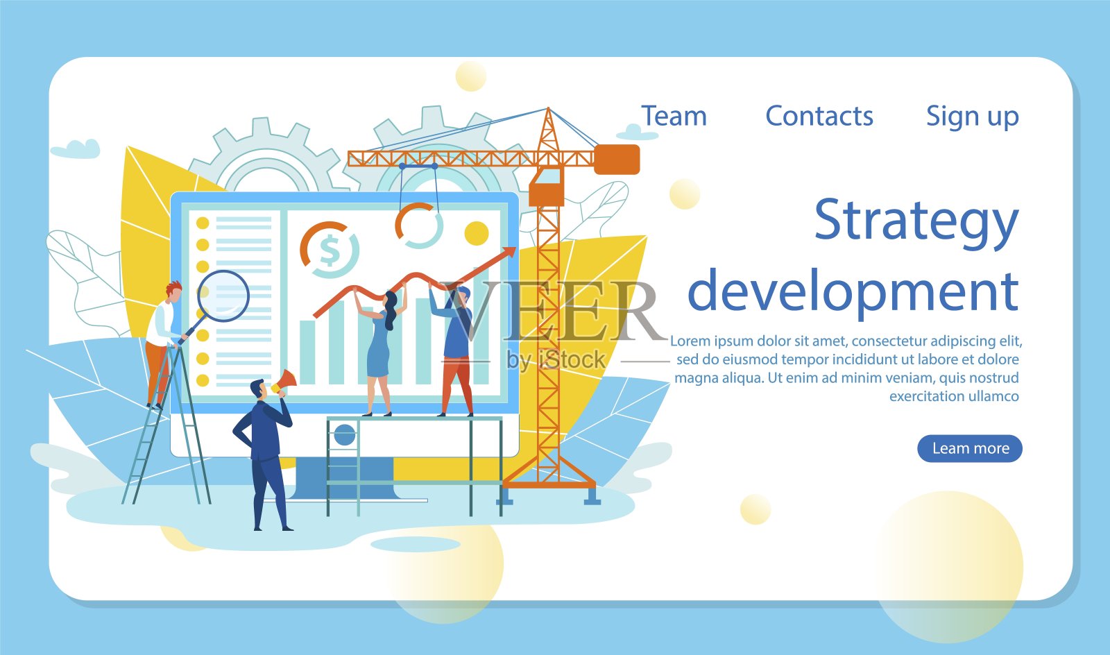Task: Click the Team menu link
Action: pyautogui.click(x=674, y=117)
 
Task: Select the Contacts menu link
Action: pyautogui.click(x=819, y=117)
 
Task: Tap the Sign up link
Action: pyautogui.click(x=972, y=118)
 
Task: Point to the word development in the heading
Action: pyautogui.click(x=853, y=292)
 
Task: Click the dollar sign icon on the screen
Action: pyautogui.click(x=330, y=250)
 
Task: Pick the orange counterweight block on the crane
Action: pyautogui.click(x=617, y=160)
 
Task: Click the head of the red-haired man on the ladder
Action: pyautogui.click(x=173, y=292)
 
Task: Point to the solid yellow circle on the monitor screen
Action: pyautogui.click(x=476, y=233)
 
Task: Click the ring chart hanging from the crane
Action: pyautogui.click(x=419, y=226)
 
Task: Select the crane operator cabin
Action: pyautogui.click(x=547, y=187)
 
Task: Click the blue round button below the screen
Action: pyautogui.click(x=345, y=436)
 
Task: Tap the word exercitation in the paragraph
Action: pyautogui.click(x=923, y=396)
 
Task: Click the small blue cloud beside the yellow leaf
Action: pyautogui.click(x=76, y=149)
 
